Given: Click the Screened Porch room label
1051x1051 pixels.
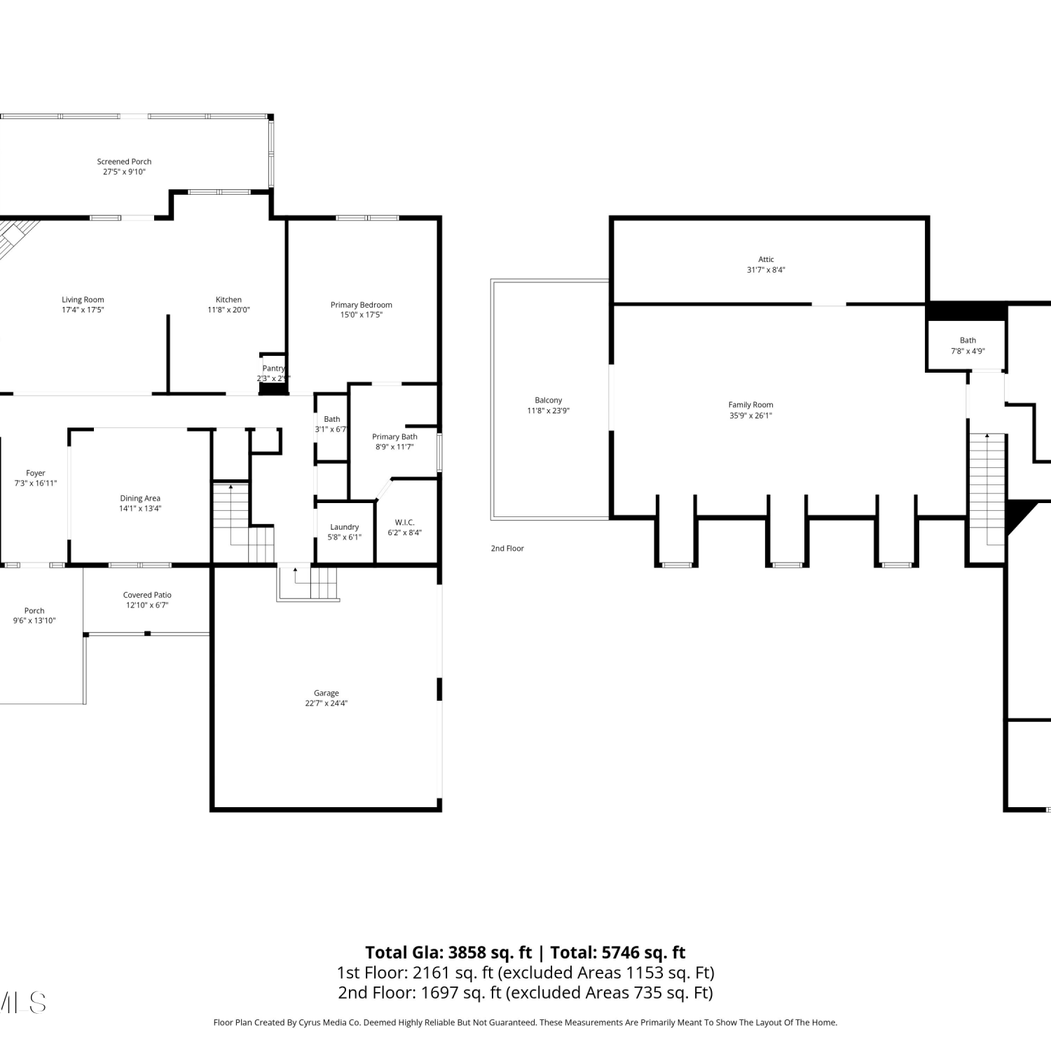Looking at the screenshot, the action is tap(124, 162).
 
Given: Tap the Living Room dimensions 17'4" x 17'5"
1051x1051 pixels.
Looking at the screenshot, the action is tap(83, 310).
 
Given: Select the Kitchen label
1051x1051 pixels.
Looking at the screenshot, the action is tap(228, 300).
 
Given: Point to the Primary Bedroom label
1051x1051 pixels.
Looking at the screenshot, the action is tap(362, 305).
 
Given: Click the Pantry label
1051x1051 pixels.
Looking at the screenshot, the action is tap(273, 369).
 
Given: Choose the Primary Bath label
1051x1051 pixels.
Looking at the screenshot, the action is tap(394, 437).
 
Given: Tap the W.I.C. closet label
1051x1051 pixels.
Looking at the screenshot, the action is tap(405, 523).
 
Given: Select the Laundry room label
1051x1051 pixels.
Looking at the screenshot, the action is tap(344, 527).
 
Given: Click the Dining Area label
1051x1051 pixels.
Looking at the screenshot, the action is tap(140, 498).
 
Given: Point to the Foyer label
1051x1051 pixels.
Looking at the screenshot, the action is tap(36, 473).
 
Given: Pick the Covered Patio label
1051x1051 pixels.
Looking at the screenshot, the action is tap(147, 595).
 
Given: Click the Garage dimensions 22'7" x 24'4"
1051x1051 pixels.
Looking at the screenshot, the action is tap(326, 703).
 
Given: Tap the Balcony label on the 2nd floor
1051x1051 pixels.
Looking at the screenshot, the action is tap(549, 400).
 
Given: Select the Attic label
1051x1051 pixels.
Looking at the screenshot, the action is tap(766, 259).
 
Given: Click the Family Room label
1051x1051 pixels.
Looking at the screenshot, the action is tap(750, 405).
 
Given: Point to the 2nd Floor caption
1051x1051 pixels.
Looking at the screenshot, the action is tap(507, 549).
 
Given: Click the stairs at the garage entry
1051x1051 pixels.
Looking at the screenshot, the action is tap(308, 584).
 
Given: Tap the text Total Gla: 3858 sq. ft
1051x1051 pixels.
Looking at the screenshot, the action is tap(448, 952).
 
